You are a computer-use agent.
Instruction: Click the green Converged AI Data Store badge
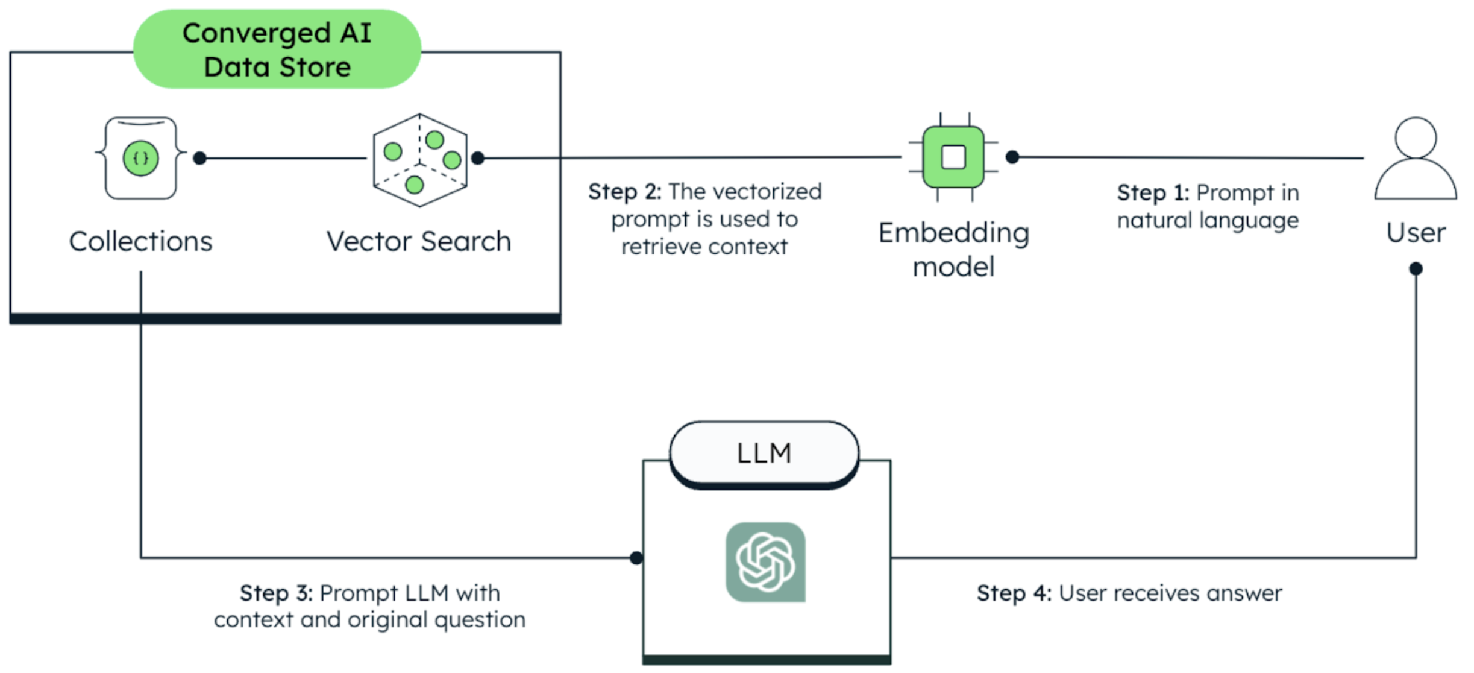click(x=277, y=49)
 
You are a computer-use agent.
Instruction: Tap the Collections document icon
click(x=141, y=158)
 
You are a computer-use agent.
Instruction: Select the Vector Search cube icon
click(x=420, y=160)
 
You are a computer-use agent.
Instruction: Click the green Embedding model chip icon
click(x=953, y=157)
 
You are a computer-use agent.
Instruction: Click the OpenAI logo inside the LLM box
click(x=765, y=562)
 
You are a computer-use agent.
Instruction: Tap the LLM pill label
click(x=764, y=453)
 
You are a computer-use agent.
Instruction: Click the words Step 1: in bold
click(x=1153, y=193)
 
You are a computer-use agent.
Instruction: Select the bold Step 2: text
click(x=624, y=192)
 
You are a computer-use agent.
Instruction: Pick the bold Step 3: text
click(x=276, y=593)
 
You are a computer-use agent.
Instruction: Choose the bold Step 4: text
click(x=1014, y=593)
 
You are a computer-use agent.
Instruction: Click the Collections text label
click(x=140, y=241)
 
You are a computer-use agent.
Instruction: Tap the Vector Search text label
click(x=419, y=241)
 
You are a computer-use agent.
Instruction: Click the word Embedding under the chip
click(x=953, y=233)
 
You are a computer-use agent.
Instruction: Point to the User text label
click(x=1416, y=233)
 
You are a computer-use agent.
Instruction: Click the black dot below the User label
click(x=1416, y=269)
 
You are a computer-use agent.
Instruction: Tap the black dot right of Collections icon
click(x=200, y=158)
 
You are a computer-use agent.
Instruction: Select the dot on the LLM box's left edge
click(x=636, y=558)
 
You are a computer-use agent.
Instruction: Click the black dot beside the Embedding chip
click(x=1012, y=157)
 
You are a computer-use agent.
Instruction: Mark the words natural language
click(x=1208, y=221)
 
